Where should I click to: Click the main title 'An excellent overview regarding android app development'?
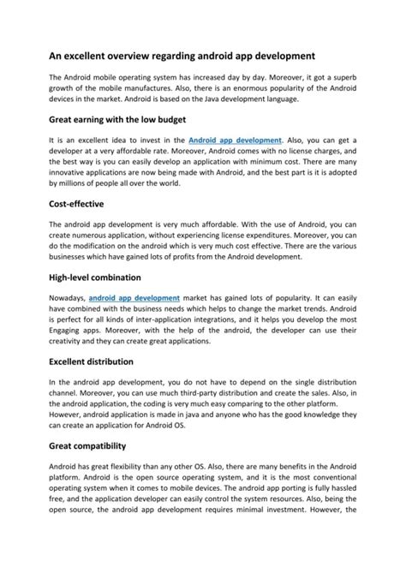pos(182,53)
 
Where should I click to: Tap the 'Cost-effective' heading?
pos(77,205)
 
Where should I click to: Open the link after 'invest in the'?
pos(235,139)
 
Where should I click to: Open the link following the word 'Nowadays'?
pos(134,299)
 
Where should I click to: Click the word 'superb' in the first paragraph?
pos(349,76)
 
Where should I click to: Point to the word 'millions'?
pos(74,184)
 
